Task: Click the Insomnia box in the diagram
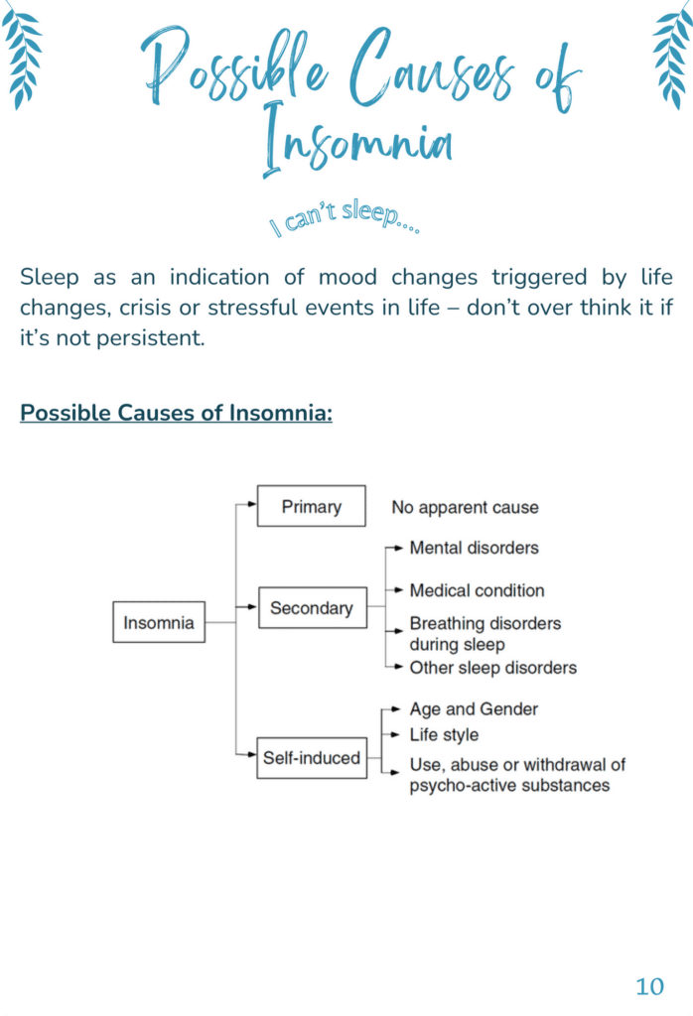click(x=159, y=622)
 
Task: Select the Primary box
click(x=311, y=506)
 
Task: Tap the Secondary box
click(x=313, y=608)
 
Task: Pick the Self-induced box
click(x=312, y=757)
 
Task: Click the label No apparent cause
click(x=465, y=507)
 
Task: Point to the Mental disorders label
click(x=474, y=548)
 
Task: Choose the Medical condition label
click(x=478, y=590)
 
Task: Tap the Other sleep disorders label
click(x=492, y=668)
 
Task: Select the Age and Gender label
click(x=474, y=709)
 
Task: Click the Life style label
click(x=444, y=735)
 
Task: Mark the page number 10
click(x=649, y=986)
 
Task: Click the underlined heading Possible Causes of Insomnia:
click(x=177, y=413)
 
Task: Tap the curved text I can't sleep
click(x=345, y=218)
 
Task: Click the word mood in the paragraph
click(x=347, y=278)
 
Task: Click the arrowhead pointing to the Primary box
click(x=252, y=503)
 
